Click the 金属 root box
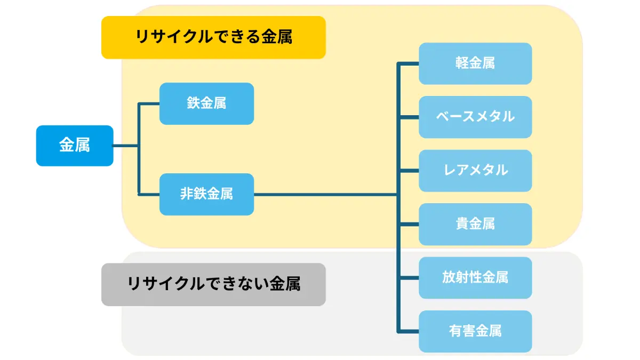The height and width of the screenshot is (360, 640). (x=75, y=146)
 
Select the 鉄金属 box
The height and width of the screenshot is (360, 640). (x=206, y=103)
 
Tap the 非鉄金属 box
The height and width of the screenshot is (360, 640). (x=206, y=194)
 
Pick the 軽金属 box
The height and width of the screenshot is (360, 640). (x=475, y=63)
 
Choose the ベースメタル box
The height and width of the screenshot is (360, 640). (x=475, y=117)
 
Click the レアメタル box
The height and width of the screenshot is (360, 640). (x=475, y=171)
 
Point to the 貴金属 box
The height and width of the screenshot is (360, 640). (x=475, y=225)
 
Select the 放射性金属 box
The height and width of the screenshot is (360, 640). (x=475, y=278)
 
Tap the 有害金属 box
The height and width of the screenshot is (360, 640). (x=475, y=331)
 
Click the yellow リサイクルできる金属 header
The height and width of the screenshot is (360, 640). (x=213, y=37)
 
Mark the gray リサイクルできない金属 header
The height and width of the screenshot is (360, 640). (x=213, y=285)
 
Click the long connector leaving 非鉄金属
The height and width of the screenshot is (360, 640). (x=325, y=195)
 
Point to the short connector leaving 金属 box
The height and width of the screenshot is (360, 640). (x=126, y=146)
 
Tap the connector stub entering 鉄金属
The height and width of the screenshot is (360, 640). (x=149, y=103)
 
